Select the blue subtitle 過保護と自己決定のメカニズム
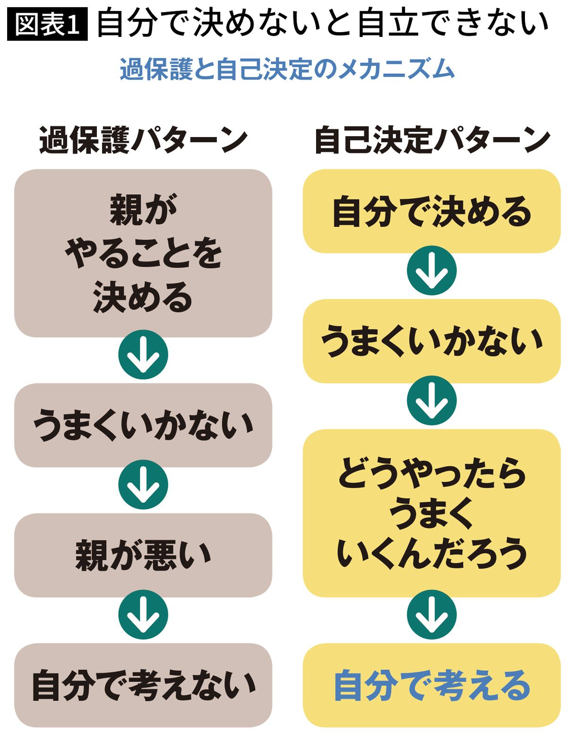tap(287, 69)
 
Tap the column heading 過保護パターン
tap(143, 141)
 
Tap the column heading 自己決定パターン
tap(431, 141)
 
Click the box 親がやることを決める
tap(143, 253)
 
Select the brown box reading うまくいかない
tap(143, 425)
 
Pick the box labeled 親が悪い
tap(143, 555)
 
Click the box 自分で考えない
tap(143, 685)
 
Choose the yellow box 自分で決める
tap(431, 211)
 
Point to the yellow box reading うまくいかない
tap(431, 341)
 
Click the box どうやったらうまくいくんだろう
tap(431, 513)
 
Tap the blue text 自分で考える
tap(431, 685)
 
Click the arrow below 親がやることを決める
tap(143, 355)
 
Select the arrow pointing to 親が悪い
tap(143, 485)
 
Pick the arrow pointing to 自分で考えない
tap(143, 615)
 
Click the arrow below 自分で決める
tap(431, 271)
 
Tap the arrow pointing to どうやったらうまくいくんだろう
tap(431, 400)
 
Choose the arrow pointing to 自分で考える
tap(431, 615)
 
